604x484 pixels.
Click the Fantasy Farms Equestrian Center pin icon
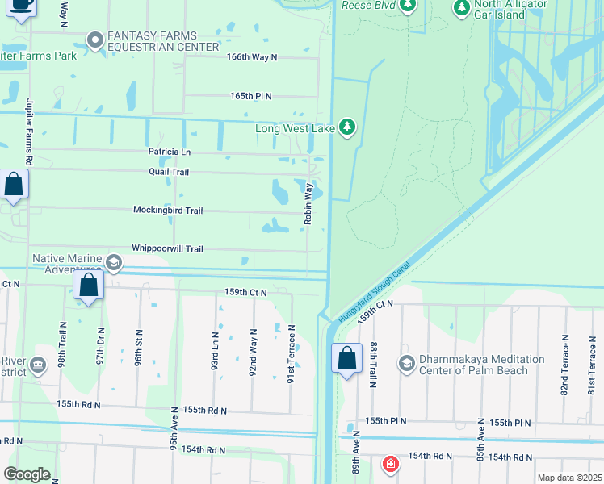[x=95, y=39]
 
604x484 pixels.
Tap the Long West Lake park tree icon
[x=347, y=127]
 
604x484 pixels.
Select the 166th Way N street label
[x=252, y=57]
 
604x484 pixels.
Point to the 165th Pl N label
[x=250, y=96]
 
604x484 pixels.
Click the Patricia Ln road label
[x=169, y=152]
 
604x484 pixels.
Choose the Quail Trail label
[x=168, y=172]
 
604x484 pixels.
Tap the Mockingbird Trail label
[x=168, y=211]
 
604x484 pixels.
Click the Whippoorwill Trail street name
[x=167, y=249]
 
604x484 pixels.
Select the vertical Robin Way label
[x=308, y=203]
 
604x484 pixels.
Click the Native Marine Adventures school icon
[x=114, y=262]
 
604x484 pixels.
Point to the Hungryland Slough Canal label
[x=375, y=292]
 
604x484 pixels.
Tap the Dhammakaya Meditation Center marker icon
[x=406, y=364]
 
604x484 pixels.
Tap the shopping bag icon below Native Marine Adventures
[x=88, y=286]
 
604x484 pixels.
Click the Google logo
[x=27, y=474]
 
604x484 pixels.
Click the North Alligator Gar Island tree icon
[x=462, y=8]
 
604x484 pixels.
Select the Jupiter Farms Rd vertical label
[x=28, y=133]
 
